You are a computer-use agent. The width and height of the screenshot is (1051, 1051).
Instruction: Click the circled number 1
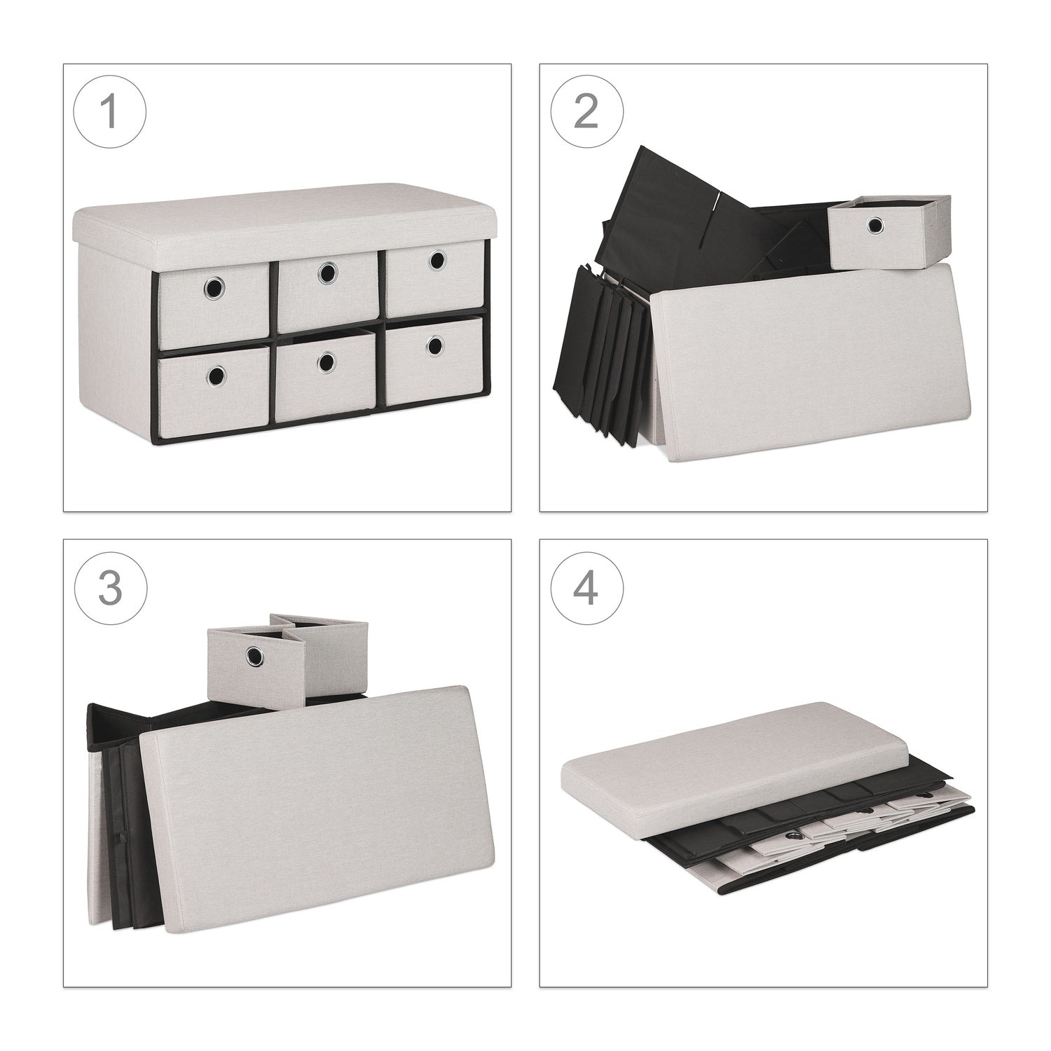coord(110,112)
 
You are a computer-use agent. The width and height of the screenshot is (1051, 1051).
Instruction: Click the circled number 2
coord(586,112)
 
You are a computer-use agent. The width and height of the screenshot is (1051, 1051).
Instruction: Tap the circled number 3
coord(110,589)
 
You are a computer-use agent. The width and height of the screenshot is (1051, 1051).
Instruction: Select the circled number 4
coord(586,589)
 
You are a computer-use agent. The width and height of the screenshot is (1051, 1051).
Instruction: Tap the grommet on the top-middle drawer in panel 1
coord(325,273)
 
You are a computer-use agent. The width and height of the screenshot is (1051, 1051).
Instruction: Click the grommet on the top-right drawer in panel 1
coord(438,259)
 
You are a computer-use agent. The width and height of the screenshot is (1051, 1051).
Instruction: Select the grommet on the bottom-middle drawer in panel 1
coord(326,361)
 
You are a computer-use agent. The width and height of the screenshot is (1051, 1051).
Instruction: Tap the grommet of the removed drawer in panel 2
coord(875,226)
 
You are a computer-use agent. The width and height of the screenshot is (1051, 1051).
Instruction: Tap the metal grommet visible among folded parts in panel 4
coord(797,837)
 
